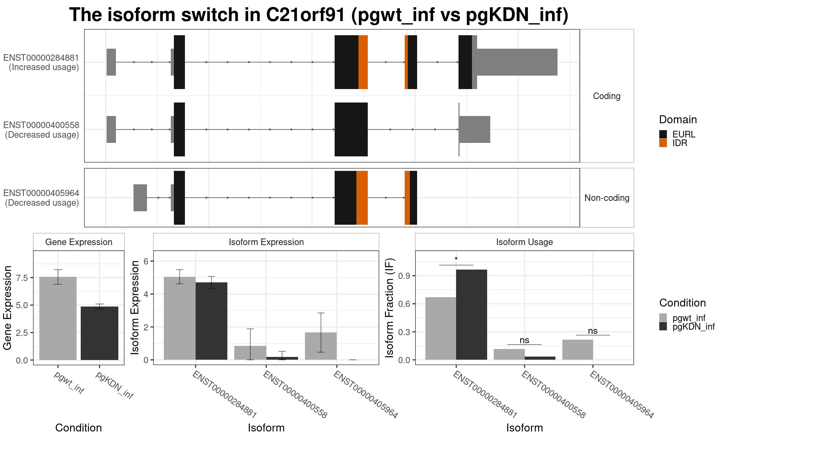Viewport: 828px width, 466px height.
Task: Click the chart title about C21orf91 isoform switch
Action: click(x=318, y=15)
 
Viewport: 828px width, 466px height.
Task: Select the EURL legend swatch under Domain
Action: click(x=663, y=134)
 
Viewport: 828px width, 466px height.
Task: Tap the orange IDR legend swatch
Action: click(x=663, y=143)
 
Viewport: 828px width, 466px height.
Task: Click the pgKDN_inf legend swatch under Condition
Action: click(x=663, y=327)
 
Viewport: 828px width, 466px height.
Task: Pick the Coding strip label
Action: click(x=607, y=96)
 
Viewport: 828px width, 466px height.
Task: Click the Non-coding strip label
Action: click(x=607, y=198)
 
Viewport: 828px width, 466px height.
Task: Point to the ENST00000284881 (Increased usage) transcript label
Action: click(x=41, y=62)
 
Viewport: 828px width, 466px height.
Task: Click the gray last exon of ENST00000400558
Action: click(x=474, y=129)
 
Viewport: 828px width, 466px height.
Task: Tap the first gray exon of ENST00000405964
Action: click(x=140, y=198)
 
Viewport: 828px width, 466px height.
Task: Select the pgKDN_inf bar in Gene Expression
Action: click(x=99, y=333)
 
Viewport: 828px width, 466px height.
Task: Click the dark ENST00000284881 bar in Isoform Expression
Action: click(x=211, y=321)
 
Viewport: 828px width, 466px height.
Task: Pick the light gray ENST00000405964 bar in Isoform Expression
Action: click(x=321, y=346)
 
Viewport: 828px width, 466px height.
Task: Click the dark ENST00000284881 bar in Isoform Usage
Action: click(x=471, y=314)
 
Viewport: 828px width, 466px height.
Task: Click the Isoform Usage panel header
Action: click(x=524, y=242)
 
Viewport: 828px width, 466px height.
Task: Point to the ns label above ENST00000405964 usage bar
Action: click(x=593, y=331)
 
